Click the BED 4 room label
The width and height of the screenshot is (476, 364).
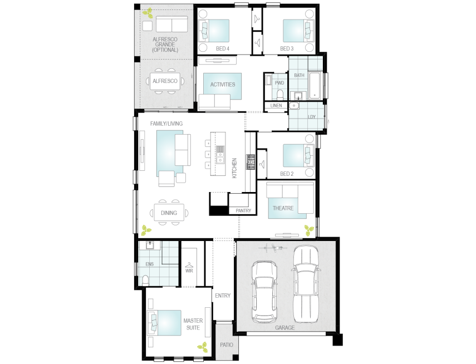223,48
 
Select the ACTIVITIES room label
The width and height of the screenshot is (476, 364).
223,85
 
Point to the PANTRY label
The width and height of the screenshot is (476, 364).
243,210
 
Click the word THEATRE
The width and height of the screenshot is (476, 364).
283,208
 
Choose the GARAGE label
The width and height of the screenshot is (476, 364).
284,328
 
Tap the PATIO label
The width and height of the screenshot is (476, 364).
227,345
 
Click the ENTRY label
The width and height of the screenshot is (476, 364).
223,296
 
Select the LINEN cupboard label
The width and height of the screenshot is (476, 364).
276,106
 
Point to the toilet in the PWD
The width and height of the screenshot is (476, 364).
280,95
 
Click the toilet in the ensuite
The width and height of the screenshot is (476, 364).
145,280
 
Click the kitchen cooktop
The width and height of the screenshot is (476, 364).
251,162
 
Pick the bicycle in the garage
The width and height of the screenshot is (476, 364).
273,248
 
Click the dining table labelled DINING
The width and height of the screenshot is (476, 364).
169,213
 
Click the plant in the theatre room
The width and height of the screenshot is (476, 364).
309,231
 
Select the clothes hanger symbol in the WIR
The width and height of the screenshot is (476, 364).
189,265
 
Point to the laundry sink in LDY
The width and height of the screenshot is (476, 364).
294,106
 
